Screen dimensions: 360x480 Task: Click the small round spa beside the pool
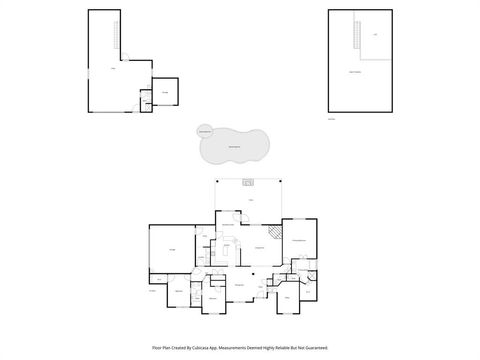coord(204,132)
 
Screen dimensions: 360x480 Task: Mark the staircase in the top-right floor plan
coord(353,36)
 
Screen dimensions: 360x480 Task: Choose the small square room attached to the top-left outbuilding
coord(166,93)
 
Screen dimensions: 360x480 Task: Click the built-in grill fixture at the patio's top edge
coord(249,181)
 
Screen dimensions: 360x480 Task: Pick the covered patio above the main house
coord(250,200)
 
